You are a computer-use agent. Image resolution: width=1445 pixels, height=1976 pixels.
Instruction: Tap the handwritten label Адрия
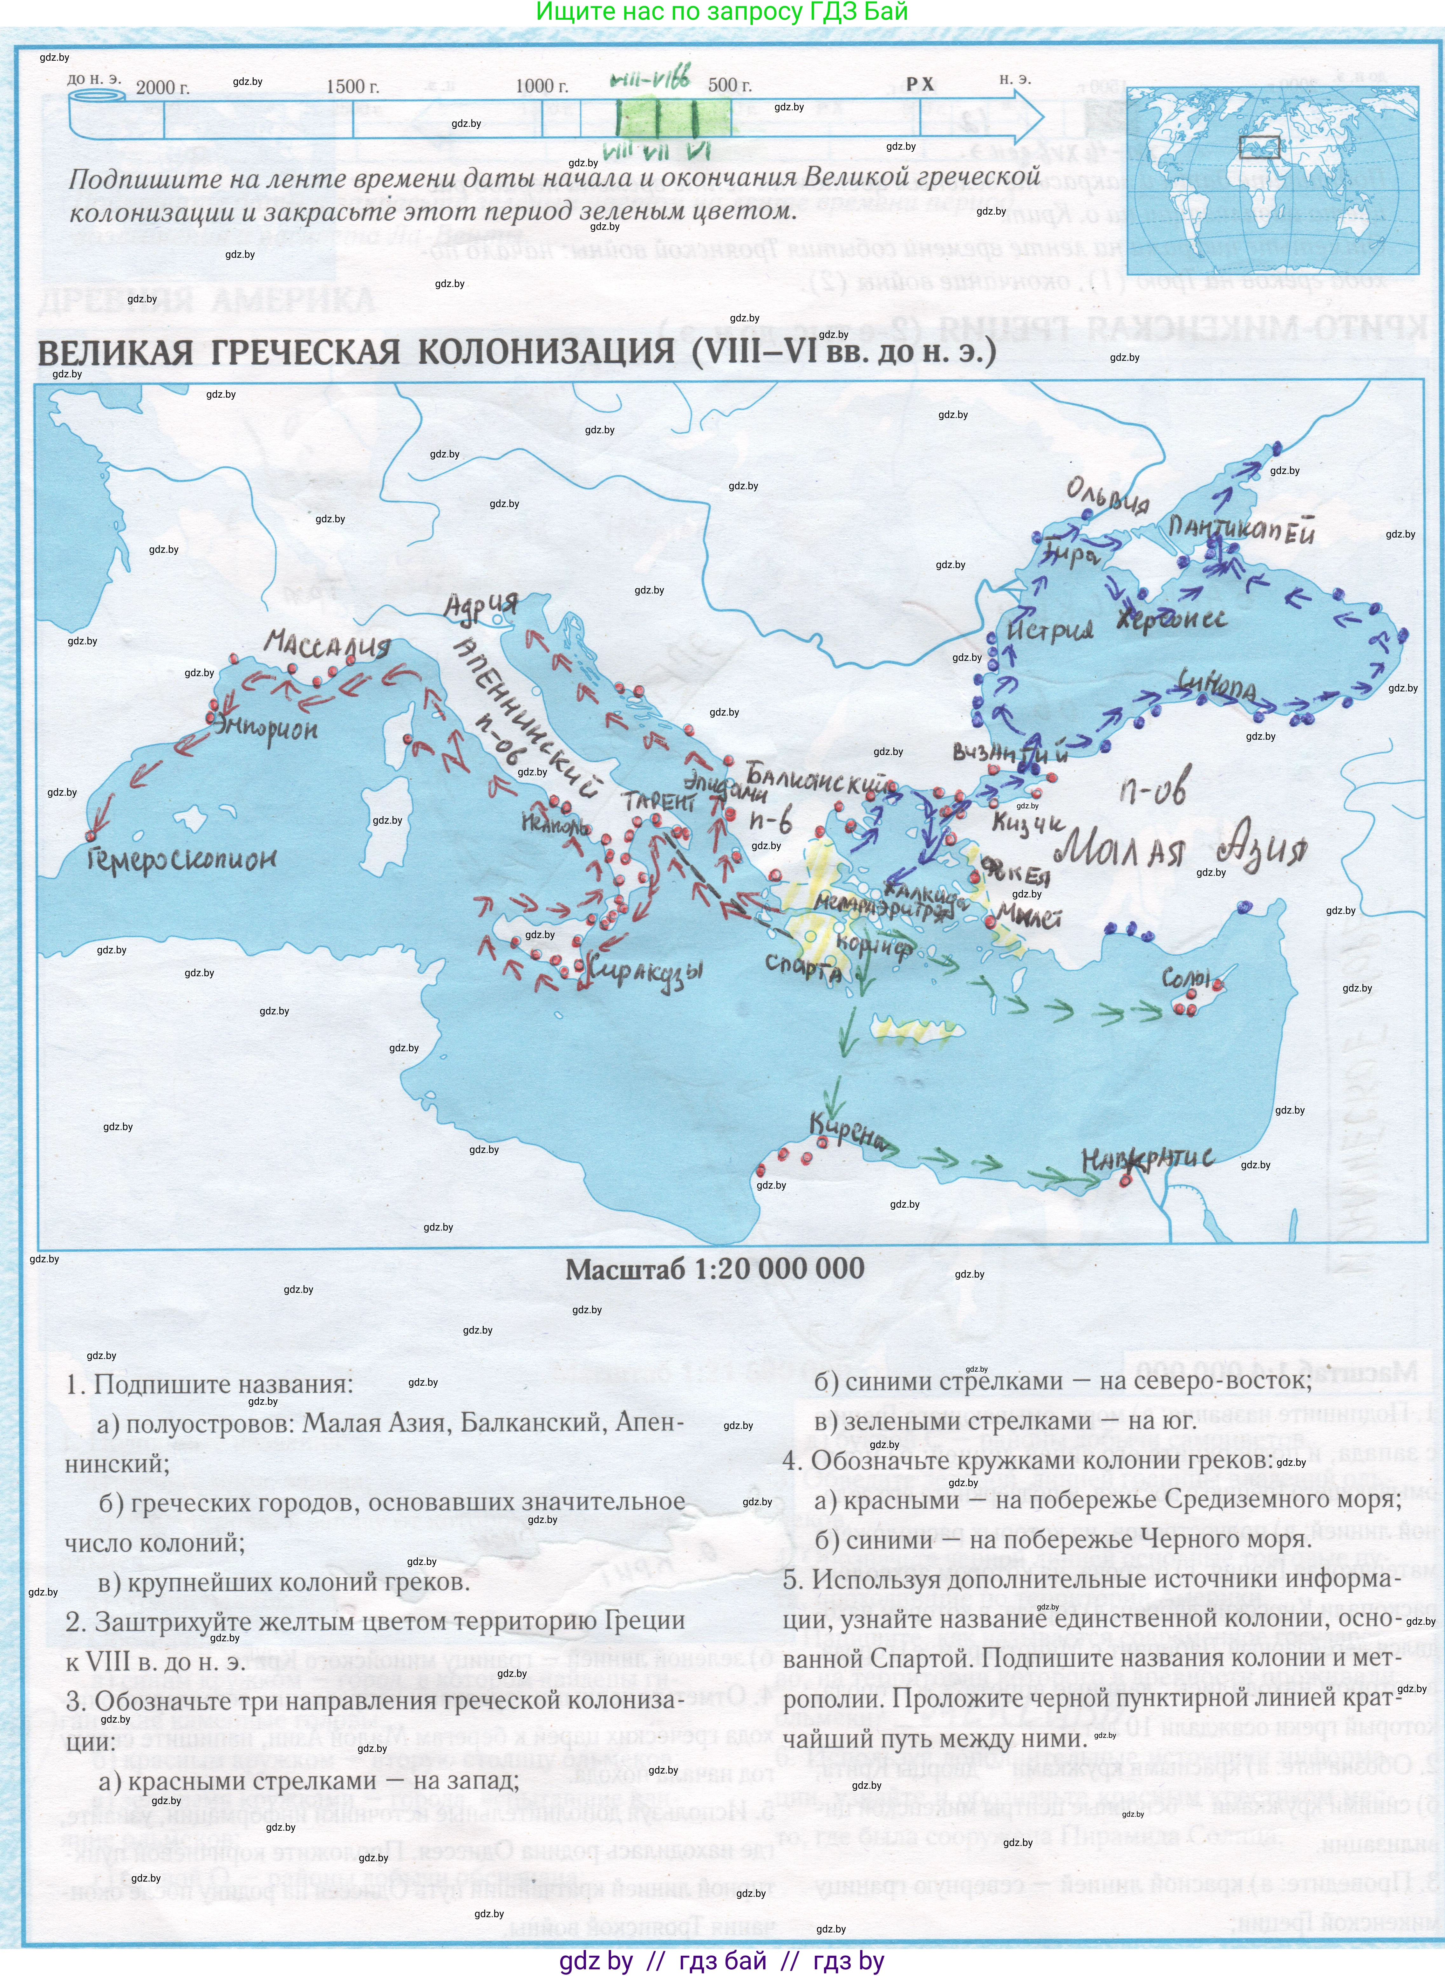pyautogui.click(x=481, y=606)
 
